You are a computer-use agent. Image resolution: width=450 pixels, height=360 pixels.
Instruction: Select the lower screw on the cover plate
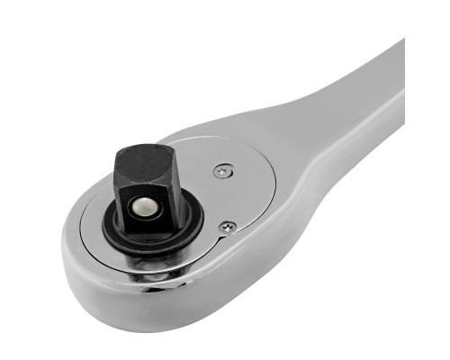[x=229, y=227]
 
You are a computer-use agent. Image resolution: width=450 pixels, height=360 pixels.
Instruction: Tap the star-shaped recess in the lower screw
[x=229, y=227]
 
